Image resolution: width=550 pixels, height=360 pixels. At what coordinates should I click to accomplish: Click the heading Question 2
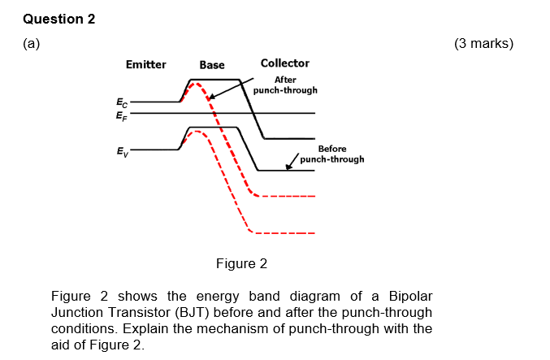(59, 19)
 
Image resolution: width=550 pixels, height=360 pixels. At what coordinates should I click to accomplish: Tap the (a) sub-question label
(32, 44)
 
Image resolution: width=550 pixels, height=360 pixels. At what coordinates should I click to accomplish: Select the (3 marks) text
(484, 44)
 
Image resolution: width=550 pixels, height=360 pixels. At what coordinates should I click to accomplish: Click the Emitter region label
(146, 64)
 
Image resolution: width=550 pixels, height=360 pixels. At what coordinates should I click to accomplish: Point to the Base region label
(212, 65)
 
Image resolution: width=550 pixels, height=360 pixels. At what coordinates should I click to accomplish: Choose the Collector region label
(284, 63)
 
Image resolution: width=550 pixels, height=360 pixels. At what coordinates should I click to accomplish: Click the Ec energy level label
(122, 103)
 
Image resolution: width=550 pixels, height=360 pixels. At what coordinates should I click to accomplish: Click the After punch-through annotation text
(285, 85)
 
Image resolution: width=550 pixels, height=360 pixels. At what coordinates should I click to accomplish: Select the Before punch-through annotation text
(331, 154)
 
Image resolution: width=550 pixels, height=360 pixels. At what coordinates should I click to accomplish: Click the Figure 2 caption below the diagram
(241, 263)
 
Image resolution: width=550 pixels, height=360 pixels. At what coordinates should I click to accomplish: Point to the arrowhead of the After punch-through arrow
(210, 98)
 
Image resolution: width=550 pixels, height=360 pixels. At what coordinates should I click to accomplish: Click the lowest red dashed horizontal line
(284, 233)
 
